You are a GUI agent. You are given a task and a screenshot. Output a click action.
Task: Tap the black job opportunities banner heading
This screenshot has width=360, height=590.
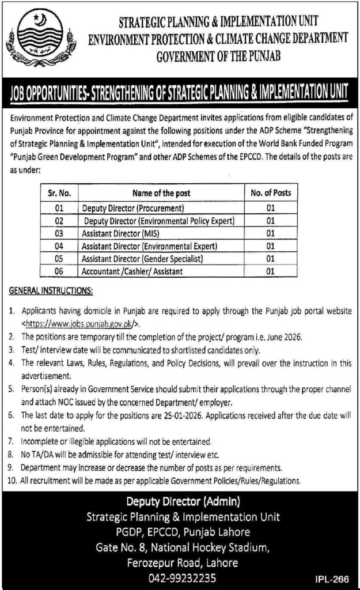(180, 91)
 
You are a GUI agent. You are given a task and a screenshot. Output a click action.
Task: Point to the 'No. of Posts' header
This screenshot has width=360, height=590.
(270, 193)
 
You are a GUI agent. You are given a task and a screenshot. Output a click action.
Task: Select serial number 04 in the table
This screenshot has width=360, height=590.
(59, 246)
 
